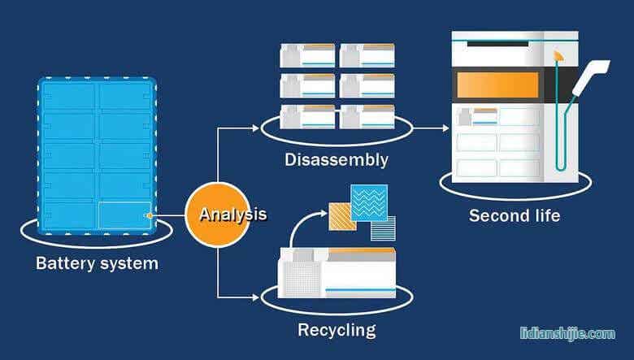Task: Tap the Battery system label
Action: [x=97, y=263]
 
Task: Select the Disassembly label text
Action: [x=337, y=159]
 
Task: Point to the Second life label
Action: [x=515, y=216]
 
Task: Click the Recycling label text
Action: [x=337, y=330]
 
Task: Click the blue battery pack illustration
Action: [x=97, y=155]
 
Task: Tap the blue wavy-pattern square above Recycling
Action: [x=369, y=202]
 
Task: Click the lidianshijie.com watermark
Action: [x=567, y=333]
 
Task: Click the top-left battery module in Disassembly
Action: [x=307, y=54]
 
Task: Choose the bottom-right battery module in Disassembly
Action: [x=367, y=116]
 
